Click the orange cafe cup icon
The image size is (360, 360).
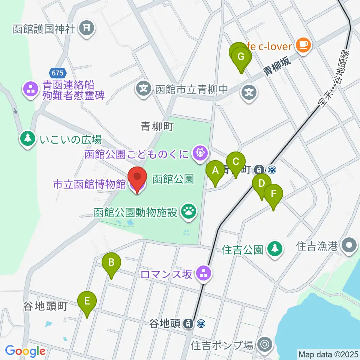click(x=303, y=46)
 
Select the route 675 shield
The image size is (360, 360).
click(x=57, y=72)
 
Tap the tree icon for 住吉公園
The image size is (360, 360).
click(x=275, y=249)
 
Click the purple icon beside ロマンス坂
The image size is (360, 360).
click(x=204, y=274)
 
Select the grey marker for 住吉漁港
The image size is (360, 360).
click(x=349, y=246)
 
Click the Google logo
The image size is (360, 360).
click(x=25, y=351)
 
